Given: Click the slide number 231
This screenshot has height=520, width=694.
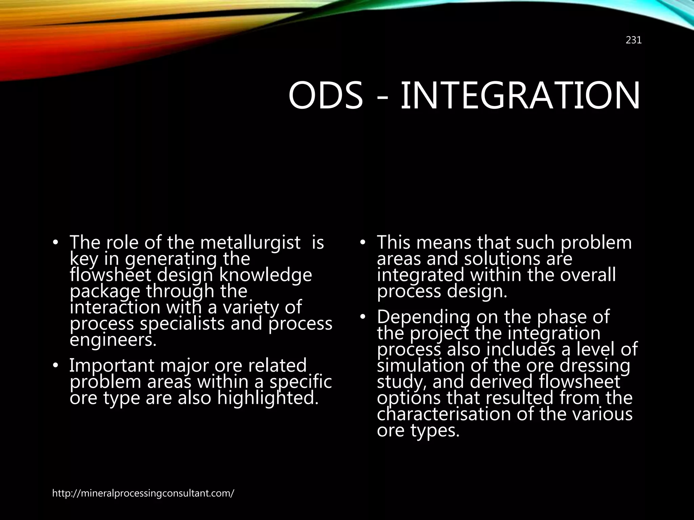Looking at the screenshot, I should (633, 40).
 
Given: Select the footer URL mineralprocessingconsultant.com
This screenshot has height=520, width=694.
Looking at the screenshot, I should (143, 493).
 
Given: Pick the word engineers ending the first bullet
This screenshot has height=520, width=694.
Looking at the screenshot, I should (113, 340).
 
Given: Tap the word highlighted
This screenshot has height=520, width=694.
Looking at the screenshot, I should (268, 398).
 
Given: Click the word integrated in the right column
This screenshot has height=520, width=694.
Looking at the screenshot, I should (420, 275).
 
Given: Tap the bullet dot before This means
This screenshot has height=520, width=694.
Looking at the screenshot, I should (362, 243).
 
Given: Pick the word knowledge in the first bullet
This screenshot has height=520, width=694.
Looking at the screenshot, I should (265, 275).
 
